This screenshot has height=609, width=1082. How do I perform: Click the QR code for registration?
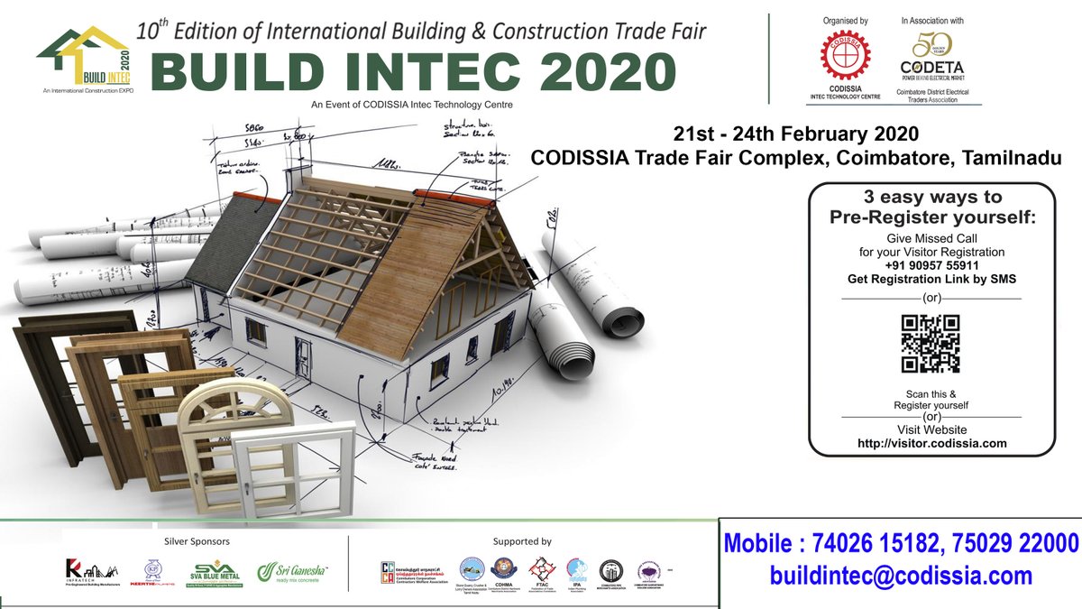pyautogui.click(x=930, y=344)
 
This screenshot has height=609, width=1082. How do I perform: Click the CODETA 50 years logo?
pyautogui.click(x=932, y=53)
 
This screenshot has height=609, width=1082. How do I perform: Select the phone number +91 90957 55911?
pyautogui.click(x=931, y=266)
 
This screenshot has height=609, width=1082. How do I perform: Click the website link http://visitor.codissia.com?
pyautogui.click(x=931, y=443)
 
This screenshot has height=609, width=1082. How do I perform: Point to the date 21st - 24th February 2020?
pyautogui.click(x=796, y=134)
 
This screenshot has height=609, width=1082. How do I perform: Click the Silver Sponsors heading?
pyautogui.click(x=197, y=541)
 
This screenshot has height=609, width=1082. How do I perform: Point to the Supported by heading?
pyautogui.click(x=522, y=541)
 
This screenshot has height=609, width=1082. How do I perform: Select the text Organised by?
pyautogui.click(x=846, y=20)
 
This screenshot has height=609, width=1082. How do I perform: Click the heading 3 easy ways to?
pyautogui.click(x=931, y=197)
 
